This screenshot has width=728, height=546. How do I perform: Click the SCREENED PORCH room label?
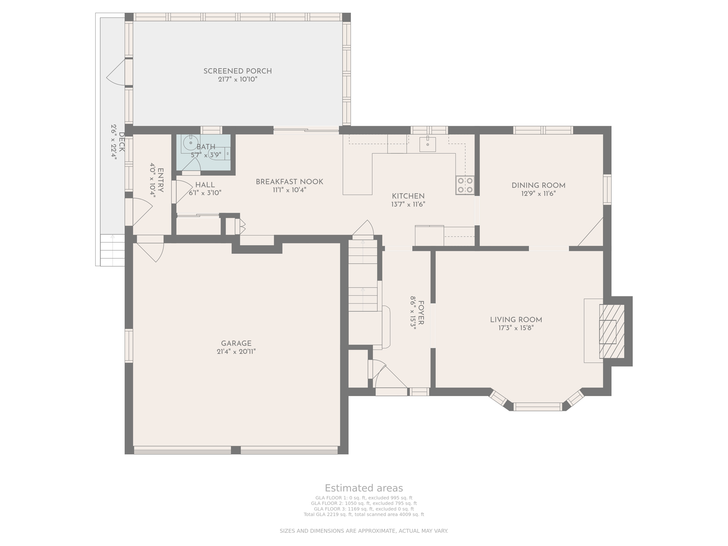pyautogui.click(x=237, y=71)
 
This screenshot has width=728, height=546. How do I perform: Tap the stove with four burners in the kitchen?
pyautogui.click(x=465, y=185)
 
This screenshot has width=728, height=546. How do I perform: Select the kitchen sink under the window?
pyautogui.click(x=427, y=144)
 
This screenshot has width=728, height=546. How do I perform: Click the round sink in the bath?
pyautogui.click(x=191, y=143)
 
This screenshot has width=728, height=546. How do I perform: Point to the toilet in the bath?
pyautogui.click(x=217, y=154)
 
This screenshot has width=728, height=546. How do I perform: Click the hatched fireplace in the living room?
pyautogui.click(x=611, y=331)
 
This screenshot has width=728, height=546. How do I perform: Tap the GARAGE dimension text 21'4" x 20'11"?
pyautogui.click(x=236, y=352)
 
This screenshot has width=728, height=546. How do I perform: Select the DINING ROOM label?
pyautogui.click(x=538, y=185)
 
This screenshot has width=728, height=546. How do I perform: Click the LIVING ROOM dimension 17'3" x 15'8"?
pyautogui.click(x=516, y=328)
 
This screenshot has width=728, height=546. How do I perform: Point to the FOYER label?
pyautogui.click(x=421, y=313)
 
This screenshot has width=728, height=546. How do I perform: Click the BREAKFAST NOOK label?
pyautogui.click(x=289, y=182)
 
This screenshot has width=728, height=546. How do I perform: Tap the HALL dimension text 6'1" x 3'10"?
pyautogui.click(x=205, y=193)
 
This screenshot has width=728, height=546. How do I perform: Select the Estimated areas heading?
pyautogui.click(x=364, y=488)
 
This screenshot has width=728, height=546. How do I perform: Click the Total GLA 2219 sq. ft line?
pyautogui.click(x=364, y=514)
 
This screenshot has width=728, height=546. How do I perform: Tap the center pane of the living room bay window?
pyautogui.click(x=537, y=407)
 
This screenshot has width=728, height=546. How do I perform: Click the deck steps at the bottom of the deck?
pyautogui.click(x=112, y=250)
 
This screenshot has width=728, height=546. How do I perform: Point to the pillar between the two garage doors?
pyautogui.click(x=236, y=450)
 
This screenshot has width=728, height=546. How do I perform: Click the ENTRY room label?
pyautogui.click(x=160, y=180)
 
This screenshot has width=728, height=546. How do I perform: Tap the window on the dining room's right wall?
pyautogui.click(x=607, y=189)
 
